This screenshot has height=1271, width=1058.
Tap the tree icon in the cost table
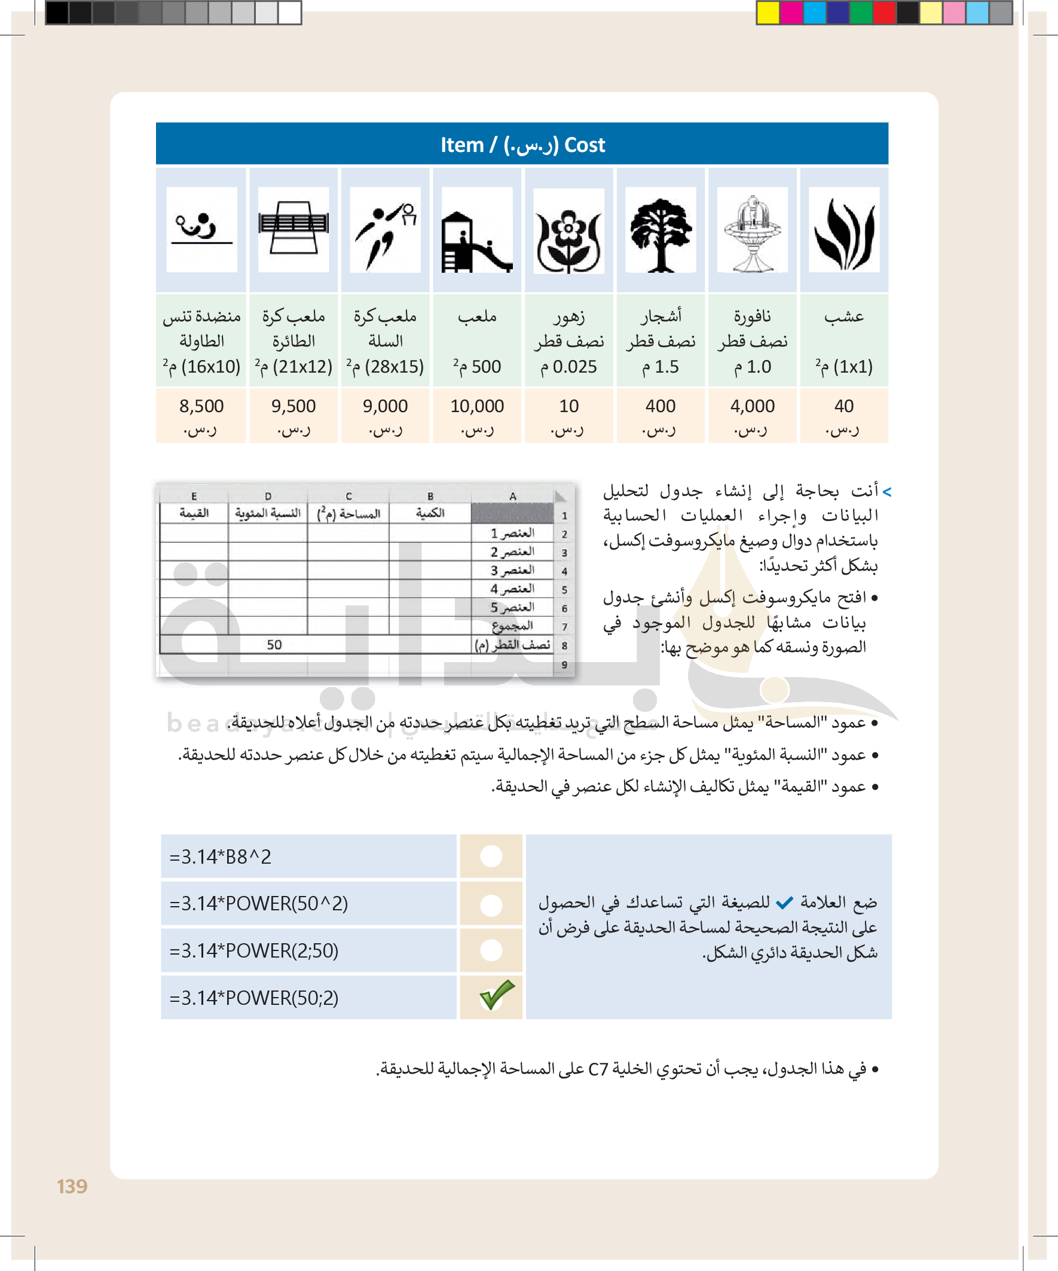(661, 233)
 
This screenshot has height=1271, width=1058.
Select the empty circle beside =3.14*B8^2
(491, 856)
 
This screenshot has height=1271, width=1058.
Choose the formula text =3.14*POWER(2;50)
(254, 951)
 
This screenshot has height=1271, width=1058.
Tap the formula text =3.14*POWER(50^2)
(259, 904)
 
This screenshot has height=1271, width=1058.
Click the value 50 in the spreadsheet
(274, 645)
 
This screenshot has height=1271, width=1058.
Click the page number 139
(72, 1186)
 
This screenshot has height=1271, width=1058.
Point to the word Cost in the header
(585, 145)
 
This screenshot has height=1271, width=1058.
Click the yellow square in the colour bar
(767, 13)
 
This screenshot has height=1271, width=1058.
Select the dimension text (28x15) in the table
(394, 367)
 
